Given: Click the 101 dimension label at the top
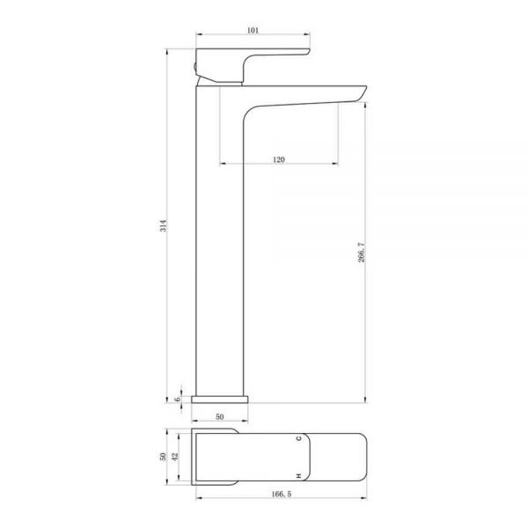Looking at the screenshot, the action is click(x=253, y=30).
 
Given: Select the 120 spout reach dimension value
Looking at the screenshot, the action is click(x=278, y=159).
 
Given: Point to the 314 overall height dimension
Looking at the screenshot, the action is click(x=163, y=225).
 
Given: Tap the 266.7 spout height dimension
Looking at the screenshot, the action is click(x=362, y=252).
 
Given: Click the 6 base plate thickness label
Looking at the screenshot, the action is click(x=178, y=399).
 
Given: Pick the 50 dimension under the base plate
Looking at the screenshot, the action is click(x=219, y=416).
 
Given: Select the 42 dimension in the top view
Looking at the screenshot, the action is click(x=175, y=457).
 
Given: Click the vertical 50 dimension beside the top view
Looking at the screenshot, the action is click(x=163, y=457).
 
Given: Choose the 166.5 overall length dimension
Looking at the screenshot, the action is click(x=282, y=494).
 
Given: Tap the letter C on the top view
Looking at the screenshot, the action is click(x=298, y=438).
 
